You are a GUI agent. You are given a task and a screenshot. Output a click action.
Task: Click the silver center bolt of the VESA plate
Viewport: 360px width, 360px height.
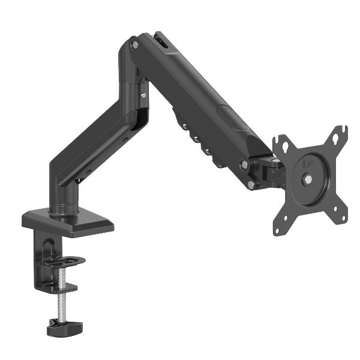(308, 178)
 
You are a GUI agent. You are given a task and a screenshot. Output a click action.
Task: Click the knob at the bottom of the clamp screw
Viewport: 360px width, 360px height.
(64, 328)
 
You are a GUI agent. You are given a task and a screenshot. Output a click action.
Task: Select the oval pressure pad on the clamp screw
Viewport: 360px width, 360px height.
(64, 262)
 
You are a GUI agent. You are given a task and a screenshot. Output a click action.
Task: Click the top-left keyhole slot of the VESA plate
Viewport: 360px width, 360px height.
(284, 146)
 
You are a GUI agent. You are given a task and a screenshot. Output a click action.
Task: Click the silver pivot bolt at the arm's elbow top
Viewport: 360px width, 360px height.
(135, 45)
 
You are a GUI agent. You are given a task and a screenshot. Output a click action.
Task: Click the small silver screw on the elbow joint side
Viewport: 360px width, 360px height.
(144, 94)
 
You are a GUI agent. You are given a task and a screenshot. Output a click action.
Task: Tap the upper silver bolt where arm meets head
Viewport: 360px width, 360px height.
(244, 164)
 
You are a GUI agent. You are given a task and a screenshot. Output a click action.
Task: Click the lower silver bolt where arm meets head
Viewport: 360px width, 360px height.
(251, 185)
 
